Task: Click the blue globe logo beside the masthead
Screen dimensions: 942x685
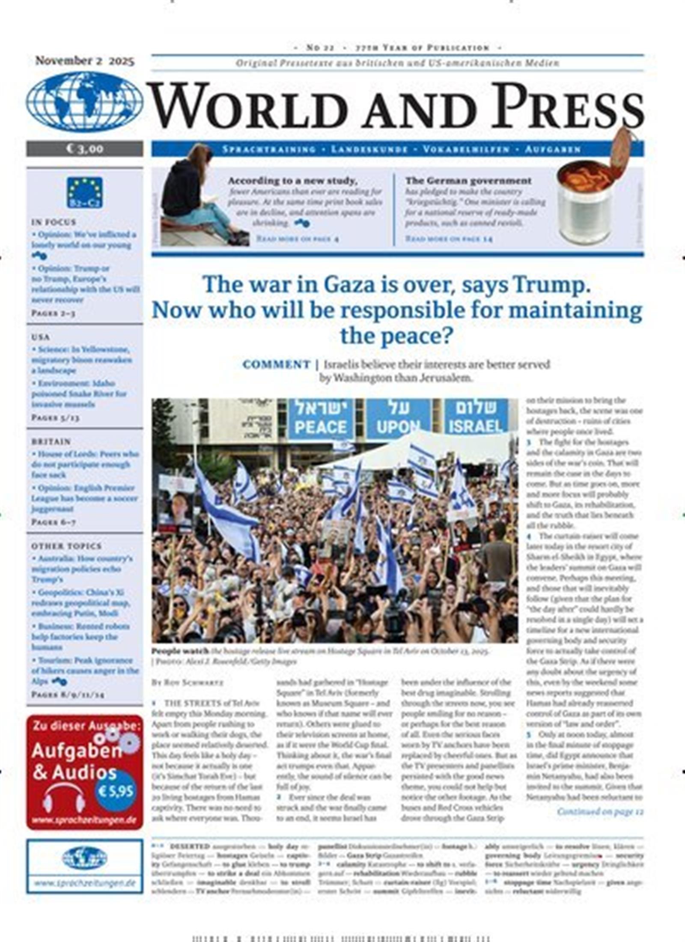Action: [x=84, y=102]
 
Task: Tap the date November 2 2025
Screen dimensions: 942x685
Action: [x=84, y=61]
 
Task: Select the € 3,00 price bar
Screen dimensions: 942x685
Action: [x=84, y=149]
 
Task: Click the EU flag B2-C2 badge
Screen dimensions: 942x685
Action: [x=84, y=192]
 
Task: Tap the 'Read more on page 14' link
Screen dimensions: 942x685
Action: [x=448, y=238]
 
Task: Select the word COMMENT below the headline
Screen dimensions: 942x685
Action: [x=276, y=365]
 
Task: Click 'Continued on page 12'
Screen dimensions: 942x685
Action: [x=600, y=811]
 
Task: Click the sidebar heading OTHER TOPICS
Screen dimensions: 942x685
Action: [x=66, y=546]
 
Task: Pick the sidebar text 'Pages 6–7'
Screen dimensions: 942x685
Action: [x=53, y=522]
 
